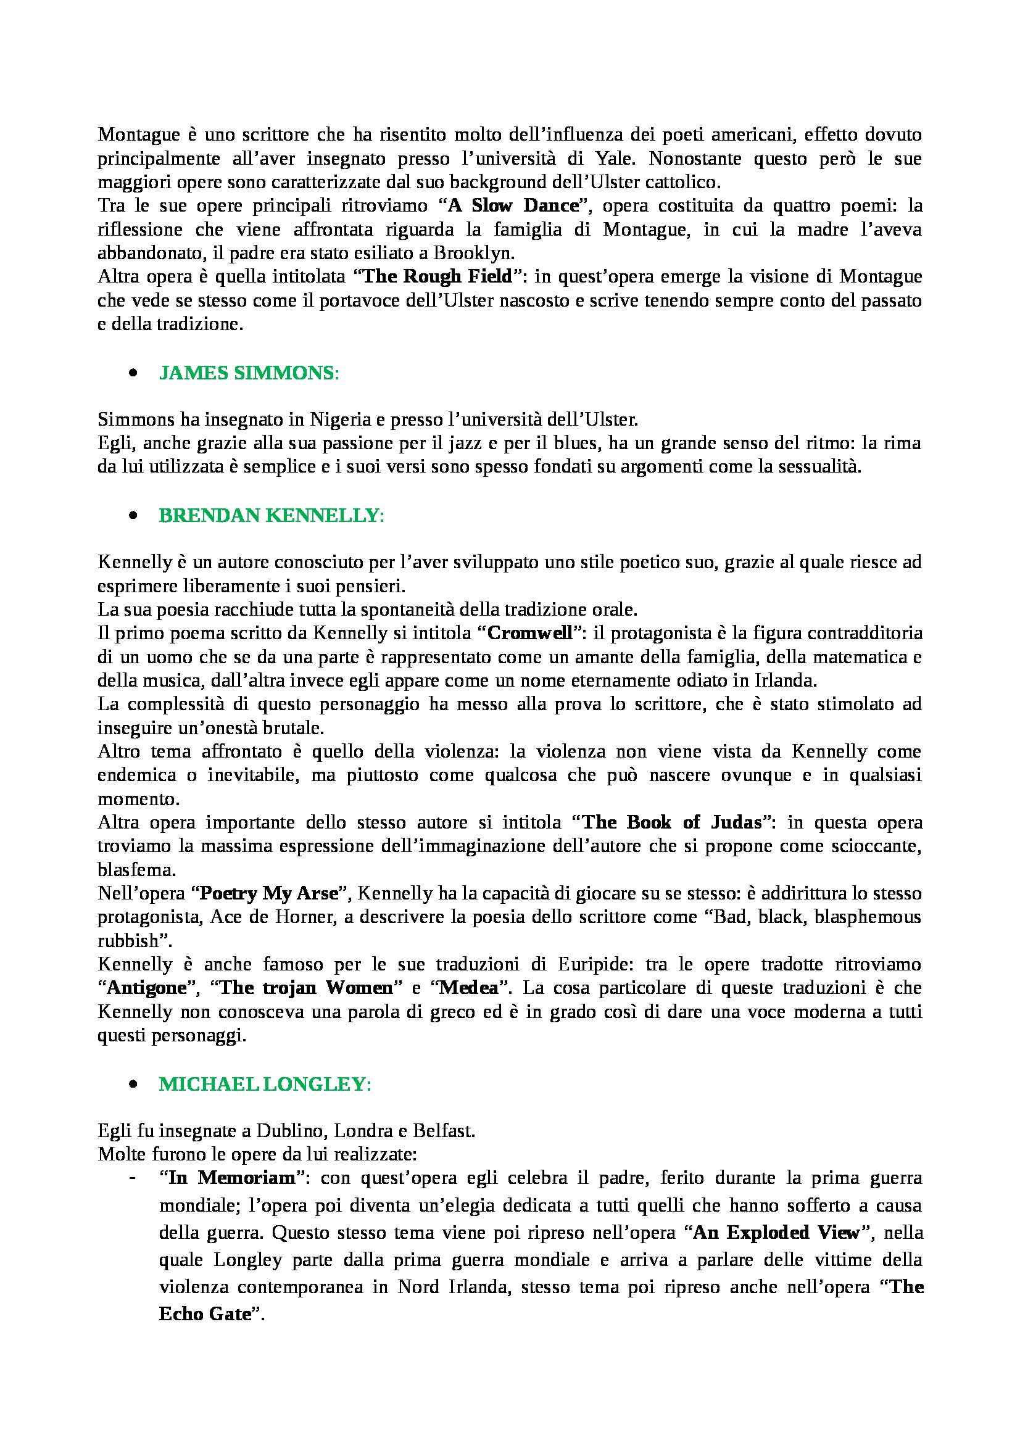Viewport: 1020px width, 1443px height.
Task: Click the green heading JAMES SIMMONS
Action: pos(249,373)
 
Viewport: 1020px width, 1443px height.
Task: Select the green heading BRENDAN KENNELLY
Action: pos(271,515)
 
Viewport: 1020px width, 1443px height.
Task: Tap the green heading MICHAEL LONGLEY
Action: pos(265,1084)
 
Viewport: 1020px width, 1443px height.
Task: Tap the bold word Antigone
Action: pos(147,988)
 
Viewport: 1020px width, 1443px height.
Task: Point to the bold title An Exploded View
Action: pos(777,1233)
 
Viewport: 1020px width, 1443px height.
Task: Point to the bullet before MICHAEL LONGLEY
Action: pos(133,1085)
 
